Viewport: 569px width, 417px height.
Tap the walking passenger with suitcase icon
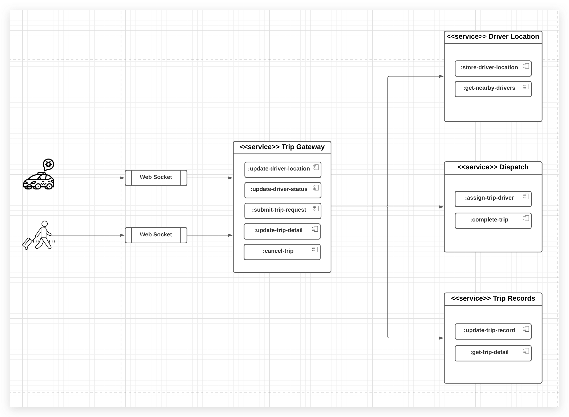[39, 235]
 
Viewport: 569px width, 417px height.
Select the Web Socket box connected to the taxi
[156, 178]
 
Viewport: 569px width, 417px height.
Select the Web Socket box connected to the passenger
[156, 235]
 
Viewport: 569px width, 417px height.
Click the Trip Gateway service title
[282, 147]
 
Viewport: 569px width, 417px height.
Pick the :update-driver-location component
[283, 170]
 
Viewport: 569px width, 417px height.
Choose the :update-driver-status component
[283, 190]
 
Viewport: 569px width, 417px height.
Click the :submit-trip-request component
[283, 211]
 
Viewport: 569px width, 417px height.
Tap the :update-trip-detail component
[282, 231]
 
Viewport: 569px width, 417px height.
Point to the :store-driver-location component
[493, 68]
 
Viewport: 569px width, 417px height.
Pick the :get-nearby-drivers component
[493, 89]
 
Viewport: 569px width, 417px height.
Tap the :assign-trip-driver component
[493, 199]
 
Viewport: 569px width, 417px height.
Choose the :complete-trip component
[493, 221]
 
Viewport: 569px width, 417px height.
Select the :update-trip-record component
[493, 331]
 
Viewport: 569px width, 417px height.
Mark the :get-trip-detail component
[493, 353]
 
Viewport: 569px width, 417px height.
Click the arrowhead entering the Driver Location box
[441, 76]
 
